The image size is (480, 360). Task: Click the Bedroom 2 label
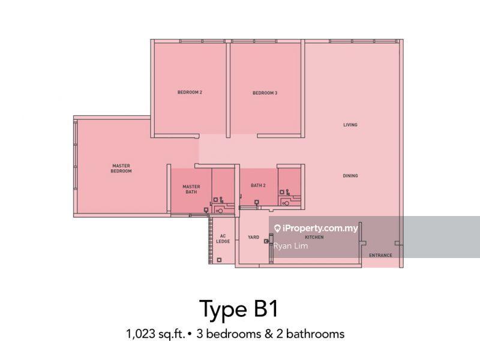coord(190,92)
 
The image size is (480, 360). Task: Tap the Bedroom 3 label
coord(265,93)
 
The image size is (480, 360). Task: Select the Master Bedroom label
coord(121,169)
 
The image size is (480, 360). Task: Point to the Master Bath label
coord(191,189)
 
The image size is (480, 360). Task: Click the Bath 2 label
coord(258,185)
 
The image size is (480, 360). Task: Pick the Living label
coord(350,125)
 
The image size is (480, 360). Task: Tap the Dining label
coord(350,176)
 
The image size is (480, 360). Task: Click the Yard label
coord(253,237)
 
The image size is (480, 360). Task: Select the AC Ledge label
coord(223,239)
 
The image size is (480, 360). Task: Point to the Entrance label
coord(380,255)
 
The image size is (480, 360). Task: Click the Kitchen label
coord(314,237)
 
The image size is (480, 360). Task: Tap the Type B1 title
coord(239,308)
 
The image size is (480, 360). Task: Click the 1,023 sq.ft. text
coord(156,334)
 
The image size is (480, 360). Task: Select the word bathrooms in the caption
coord(316,334)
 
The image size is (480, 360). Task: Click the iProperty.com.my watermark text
coord(320,229)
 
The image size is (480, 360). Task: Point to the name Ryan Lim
coord(290,246)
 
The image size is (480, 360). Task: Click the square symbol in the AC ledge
coord(219,260)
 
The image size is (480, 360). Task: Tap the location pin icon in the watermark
coord(277,229)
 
